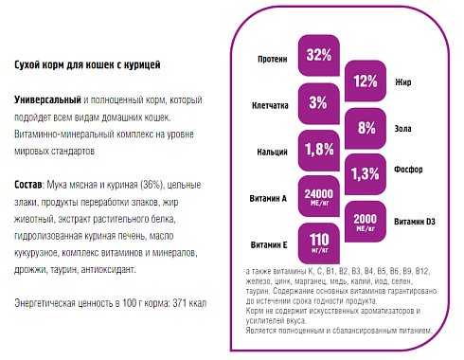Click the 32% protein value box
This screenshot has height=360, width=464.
[x=319, y=57]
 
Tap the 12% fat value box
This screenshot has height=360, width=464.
[x=365, y=81]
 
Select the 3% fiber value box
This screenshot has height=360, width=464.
[x=319, y=102]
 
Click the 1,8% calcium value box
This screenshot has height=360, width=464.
[x=319, y=149]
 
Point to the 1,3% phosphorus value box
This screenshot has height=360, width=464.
[x=365, y=172]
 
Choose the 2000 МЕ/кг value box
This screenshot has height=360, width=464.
[x=365, y=218]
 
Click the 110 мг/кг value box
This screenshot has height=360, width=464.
[x=319, y=241]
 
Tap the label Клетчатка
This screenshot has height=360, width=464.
[x=269, y=105]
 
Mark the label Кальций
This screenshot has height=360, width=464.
[x=272, y=151]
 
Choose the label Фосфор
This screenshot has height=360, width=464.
[x=407, y=172]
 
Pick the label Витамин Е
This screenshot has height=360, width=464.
[x=270, y=244]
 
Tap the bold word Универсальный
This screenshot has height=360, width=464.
[x=48, y=99]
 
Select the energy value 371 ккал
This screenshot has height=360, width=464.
[x=188, y=302]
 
